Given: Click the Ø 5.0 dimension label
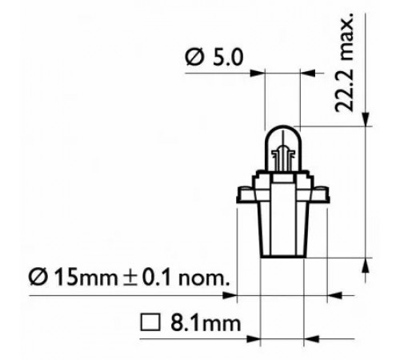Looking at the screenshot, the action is pyautogui.click(x=214, y=58).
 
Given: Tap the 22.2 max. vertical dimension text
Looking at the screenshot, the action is pyautogui.click(x=344, y=62).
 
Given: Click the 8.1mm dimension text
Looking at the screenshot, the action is pyautogui.click(x=206, y=323).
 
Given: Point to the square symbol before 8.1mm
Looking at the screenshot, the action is pyautogui.click(x=150, y=322).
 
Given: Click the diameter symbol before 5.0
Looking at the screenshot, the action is pyautogui.click(x=194, y=58).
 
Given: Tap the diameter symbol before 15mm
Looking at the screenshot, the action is pyautogui.click(x=38, y=278).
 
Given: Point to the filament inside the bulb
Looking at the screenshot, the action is pyautogui.click(x=283, y=158).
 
